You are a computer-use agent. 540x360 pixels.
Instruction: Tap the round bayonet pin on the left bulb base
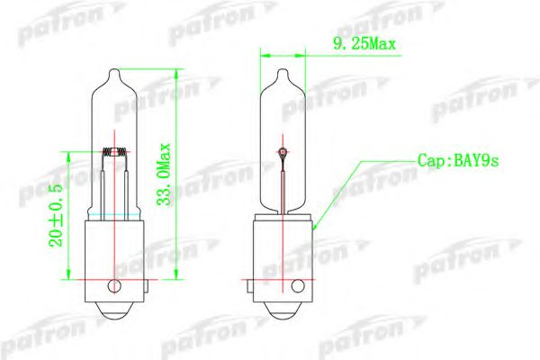[113, 287]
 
